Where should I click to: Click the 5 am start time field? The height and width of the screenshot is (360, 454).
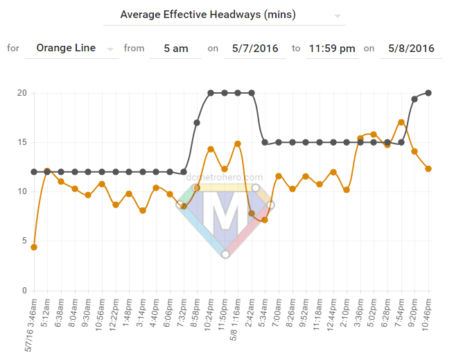[x=175, y=49]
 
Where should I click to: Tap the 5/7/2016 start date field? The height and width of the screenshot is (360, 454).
[x=254, y=49]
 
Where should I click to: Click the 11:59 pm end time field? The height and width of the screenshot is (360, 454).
[x=332, y=49]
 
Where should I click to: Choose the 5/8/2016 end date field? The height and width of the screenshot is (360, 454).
[x=411, y=49]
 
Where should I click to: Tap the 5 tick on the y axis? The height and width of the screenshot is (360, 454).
[x=24, y=241]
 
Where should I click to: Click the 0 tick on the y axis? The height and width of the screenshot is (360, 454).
[x=24, y=291]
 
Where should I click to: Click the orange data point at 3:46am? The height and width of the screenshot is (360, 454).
[x=34, y=247]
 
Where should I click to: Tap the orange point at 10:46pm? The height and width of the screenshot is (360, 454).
[x=428, y=169]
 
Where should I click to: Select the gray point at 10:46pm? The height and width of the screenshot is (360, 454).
[x=428, y=93]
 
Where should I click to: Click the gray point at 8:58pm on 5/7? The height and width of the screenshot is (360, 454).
[x=197, y=123]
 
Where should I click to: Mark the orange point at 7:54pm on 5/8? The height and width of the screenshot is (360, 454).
[x=401, y=122]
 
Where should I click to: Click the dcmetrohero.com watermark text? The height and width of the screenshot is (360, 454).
[x=225, y=178]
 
